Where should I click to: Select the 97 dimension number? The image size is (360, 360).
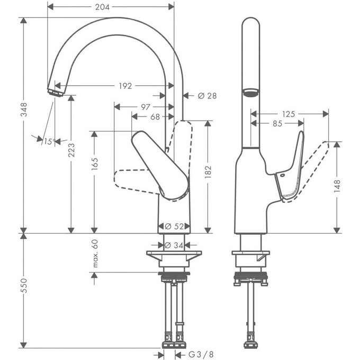[143, 107]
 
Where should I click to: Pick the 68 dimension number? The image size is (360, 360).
[156, 117]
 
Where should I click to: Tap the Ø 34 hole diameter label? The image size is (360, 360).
[174, 246]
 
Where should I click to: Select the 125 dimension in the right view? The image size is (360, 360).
[288, 113]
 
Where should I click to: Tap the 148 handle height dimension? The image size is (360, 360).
[337, 186]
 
